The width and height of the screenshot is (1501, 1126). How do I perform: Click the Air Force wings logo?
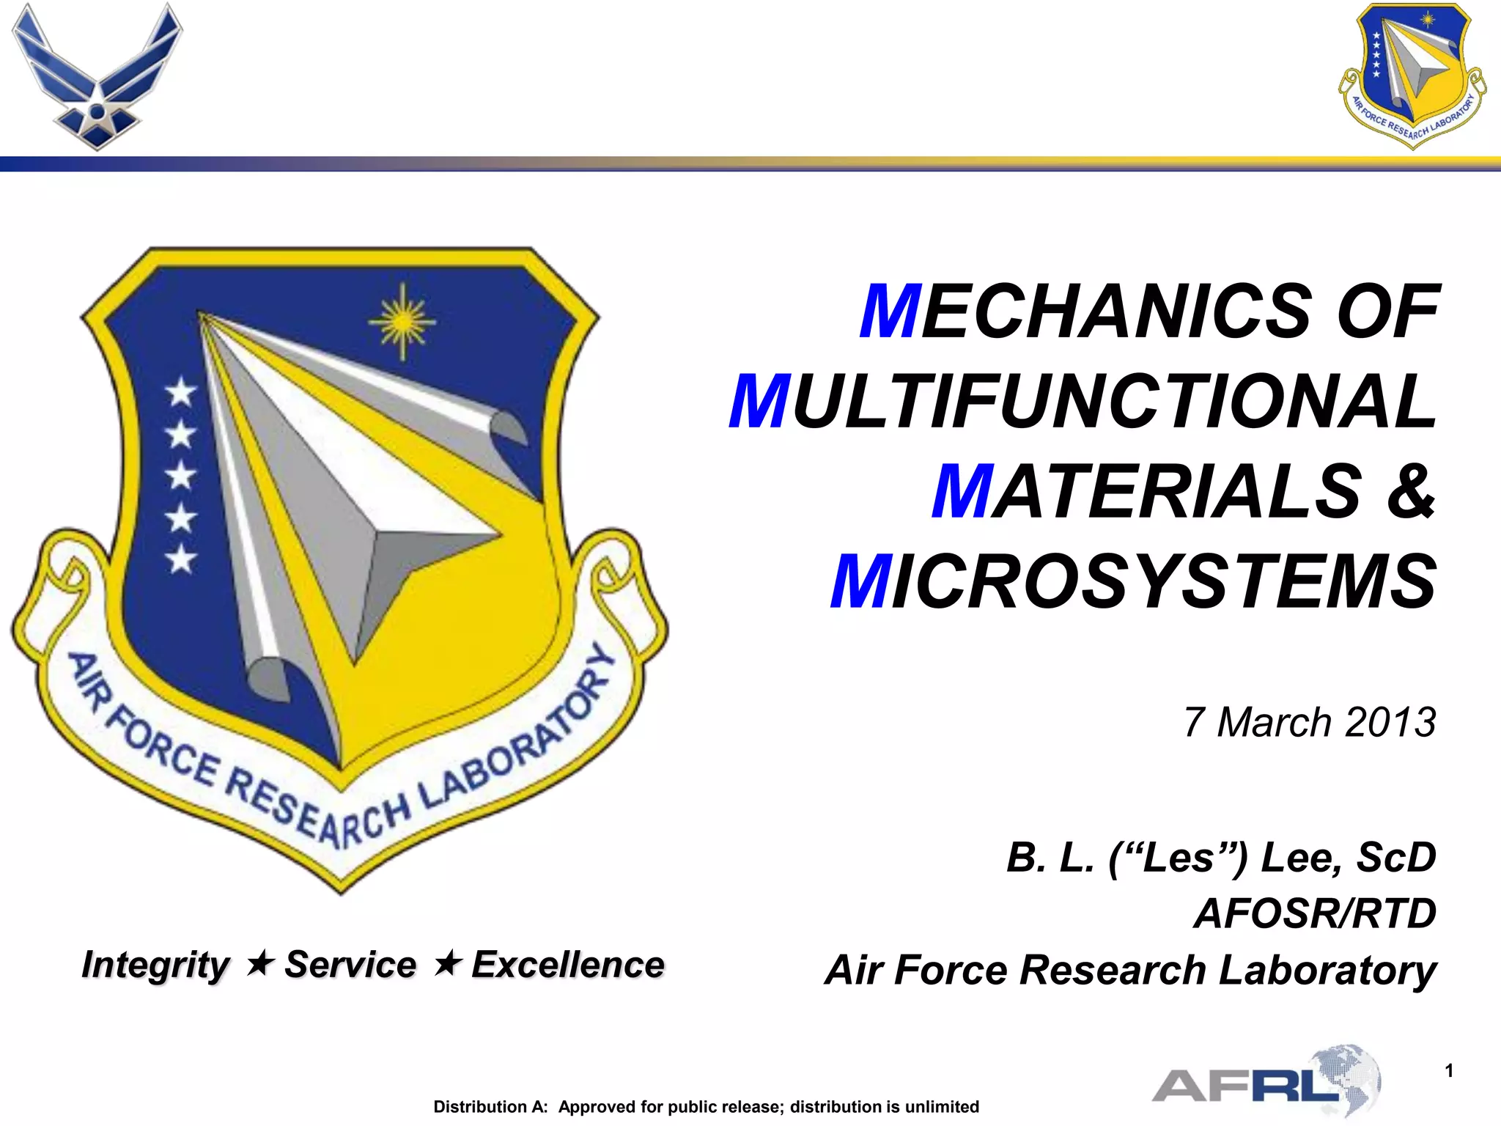97,77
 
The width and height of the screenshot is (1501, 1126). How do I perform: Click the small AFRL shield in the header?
1412,75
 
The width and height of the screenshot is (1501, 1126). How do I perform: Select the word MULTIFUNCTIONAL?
1083,402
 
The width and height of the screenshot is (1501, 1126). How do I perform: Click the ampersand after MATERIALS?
1410,491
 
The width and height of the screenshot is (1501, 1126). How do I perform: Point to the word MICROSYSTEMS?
1133,582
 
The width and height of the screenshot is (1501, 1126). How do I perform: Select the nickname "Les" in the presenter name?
1178,857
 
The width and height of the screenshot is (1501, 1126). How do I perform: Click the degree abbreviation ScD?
1396,857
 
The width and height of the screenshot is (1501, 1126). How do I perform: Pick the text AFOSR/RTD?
1315,913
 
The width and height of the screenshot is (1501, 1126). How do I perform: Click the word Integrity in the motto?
155,965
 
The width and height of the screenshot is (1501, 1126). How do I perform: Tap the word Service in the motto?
350,965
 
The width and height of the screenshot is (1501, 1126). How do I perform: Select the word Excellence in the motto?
568,965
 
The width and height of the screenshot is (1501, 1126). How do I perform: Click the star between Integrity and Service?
260,963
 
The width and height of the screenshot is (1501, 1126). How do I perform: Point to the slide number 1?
1449,1071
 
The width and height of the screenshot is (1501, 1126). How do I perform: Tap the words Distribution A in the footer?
490,1107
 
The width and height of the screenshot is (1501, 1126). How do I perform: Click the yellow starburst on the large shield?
402,321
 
